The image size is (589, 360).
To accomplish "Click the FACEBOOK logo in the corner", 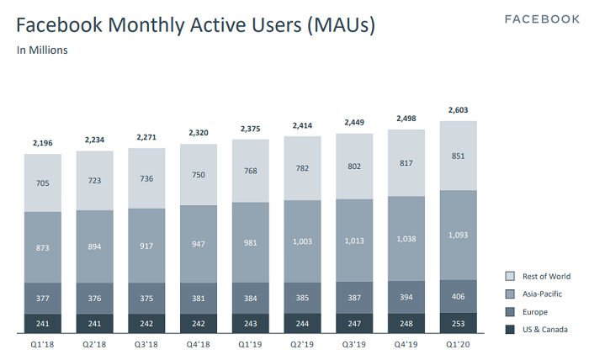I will coord(541,19).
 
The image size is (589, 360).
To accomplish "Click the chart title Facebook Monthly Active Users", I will coord(195,26).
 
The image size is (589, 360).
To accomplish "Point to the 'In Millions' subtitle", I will coord(43,50).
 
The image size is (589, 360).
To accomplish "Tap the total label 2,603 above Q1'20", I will coord(459,111).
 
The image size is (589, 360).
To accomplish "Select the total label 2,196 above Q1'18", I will coord(42,143).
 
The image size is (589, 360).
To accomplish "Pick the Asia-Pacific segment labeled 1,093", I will coord(459,234).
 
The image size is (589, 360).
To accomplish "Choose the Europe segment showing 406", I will coord(459,296).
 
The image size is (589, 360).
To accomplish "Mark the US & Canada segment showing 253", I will coord(459,324).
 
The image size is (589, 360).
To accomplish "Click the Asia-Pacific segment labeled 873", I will coord(42,247).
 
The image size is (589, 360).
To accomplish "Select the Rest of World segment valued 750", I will coord(198,174).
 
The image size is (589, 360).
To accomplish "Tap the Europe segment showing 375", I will coord(146,297).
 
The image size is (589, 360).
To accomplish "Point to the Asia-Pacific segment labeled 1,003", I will coord(302,241).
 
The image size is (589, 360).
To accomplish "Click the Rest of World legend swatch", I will coord(509,276).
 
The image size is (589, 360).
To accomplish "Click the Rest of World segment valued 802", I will coord(354,167).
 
